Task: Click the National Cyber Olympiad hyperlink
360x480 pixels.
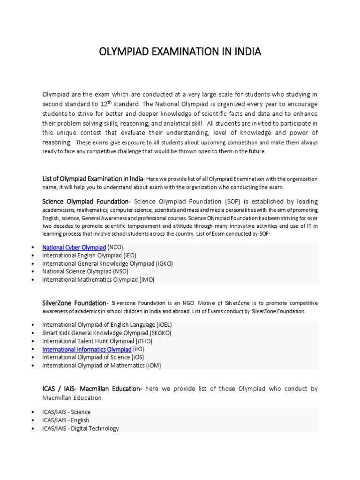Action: point(74,247)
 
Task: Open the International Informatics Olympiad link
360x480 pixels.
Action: point(87,349)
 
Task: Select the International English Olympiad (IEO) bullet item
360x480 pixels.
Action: point(89,255)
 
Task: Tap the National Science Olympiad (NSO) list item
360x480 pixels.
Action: point(85,271)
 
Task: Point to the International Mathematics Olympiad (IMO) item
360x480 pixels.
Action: point(98,279)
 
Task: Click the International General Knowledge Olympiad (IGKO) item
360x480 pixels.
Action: point(107,263)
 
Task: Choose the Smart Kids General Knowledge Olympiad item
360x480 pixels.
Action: point(106,333)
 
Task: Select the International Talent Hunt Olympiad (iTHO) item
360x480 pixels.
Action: point(97,341)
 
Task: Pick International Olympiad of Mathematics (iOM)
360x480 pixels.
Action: point(101,366)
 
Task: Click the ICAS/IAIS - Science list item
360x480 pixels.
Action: point(66,412)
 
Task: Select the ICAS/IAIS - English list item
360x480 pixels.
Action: point(66,420)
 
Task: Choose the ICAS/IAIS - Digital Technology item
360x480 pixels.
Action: point(80,428)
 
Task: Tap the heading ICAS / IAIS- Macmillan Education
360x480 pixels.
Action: point(91,389)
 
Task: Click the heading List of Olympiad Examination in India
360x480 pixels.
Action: point(93,179)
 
